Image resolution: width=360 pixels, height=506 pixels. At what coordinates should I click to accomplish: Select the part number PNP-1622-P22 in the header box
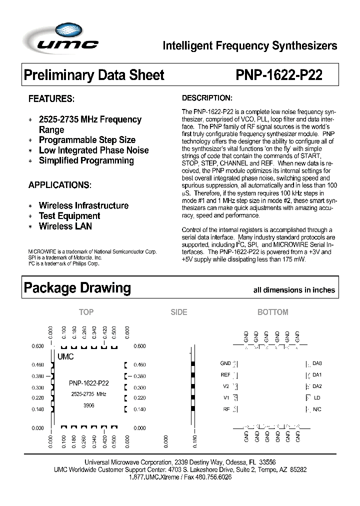coord(278,75)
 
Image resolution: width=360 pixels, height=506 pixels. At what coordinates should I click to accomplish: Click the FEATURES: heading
coord(51,98)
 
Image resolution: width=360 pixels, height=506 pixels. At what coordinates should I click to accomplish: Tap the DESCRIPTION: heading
coord(206,97)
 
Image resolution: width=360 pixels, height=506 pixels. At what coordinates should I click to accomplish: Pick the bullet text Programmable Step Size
coord(87,140)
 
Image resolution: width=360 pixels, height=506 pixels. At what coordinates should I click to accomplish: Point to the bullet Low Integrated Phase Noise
coord(93,150)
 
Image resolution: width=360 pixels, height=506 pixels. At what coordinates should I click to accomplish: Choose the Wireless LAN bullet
coord(65,226)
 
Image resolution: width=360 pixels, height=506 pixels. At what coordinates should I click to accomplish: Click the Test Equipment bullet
coord(69,216)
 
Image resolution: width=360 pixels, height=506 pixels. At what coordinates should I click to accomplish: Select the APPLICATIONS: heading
coord(60,185)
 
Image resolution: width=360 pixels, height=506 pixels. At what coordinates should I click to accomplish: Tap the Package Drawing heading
coord(77,288)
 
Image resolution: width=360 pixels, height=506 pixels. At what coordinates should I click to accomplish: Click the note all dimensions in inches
coord(294,290)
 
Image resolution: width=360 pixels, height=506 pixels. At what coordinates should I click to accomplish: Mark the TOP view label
coord(86,312)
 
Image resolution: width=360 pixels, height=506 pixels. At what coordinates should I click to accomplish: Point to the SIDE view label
coord(178,312)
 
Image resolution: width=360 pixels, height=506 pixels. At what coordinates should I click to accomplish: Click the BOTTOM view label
coord(272,312)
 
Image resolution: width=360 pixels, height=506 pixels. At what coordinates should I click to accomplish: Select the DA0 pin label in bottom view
coord(317,363)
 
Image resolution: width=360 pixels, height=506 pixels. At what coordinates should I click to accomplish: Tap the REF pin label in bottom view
coord(225,374)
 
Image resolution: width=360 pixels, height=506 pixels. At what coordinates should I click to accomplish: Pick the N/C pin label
coord(317,409)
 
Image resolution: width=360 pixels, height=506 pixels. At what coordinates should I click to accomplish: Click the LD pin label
coord(316,398)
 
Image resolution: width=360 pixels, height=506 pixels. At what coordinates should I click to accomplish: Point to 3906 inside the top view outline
coord(88,405)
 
